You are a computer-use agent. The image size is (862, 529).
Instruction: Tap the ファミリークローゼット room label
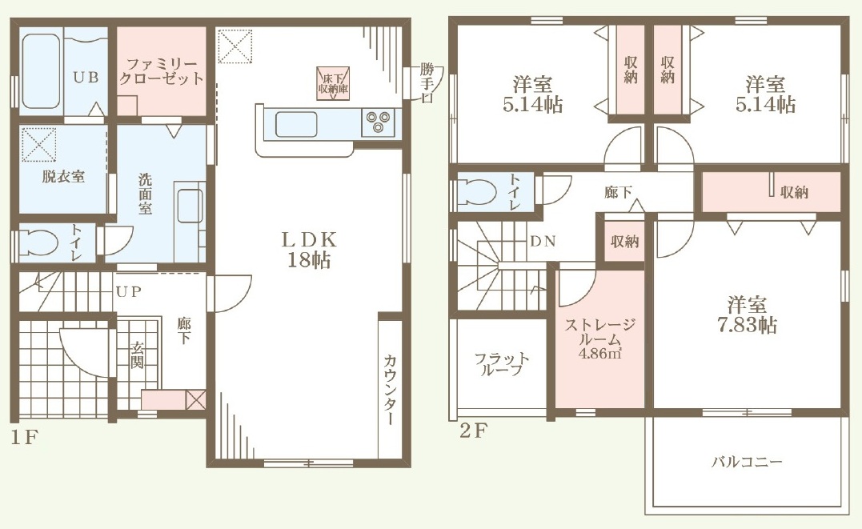[x=162, y=71]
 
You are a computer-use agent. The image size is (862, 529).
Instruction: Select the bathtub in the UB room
[x=41, y=71]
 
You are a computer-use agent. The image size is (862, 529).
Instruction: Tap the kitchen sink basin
[x=296, y=124]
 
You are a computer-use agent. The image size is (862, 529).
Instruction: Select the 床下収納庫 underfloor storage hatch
[x=334, y=83]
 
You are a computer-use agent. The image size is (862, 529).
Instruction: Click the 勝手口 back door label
[x=427, y=83]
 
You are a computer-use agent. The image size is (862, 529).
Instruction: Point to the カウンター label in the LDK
[x=390, y=389]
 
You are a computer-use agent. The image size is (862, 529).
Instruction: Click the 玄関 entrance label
[x=137, y=355]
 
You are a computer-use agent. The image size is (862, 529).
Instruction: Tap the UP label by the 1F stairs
[x=129, y=292]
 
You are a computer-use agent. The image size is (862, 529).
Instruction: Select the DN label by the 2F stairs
[x=543, y=241]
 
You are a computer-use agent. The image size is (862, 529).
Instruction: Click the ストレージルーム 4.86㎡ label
[x=600, y=339]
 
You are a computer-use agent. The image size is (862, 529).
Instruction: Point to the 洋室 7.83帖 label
[x=747, y=315]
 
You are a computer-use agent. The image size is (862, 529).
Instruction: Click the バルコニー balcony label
[x=747, y=461]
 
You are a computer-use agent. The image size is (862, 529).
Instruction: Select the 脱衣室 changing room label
[x=63, y=177]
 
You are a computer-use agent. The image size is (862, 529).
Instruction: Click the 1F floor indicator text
[x=24, y=438]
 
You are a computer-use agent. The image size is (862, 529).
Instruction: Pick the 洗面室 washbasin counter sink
[x=190, y=206]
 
